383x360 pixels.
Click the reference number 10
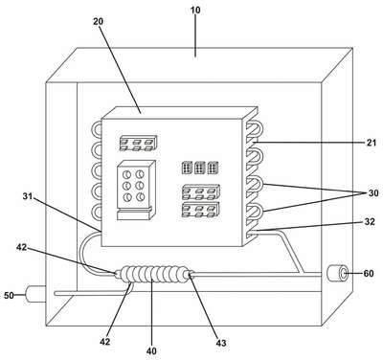coord(195,11)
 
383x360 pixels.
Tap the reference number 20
coord(99,22)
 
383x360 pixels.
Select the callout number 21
coord(372,143)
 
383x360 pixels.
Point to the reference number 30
coord(373,193)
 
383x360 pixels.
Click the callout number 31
coord(28,196)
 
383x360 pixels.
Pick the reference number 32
coord(370,221)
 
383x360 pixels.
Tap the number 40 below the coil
coord(151,351)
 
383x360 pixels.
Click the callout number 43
coord(221,343)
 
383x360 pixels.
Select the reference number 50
coord(9,296)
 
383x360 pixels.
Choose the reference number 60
coord(369,273)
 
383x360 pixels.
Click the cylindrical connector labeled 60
coord(338,273)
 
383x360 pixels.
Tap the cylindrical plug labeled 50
coord(35,294)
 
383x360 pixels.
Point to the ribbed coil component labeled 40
coord(152,274)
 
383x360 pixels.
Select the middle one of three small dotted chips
coord(199,168)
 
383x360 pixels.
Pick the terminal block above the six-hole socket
coord(138,143)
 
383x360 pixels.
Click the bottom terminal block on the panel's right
coord(201,210)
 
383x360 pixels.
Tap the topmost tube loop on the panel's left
coord(97,130)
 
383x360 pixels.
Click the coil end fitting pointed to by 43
coord(190,274)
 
